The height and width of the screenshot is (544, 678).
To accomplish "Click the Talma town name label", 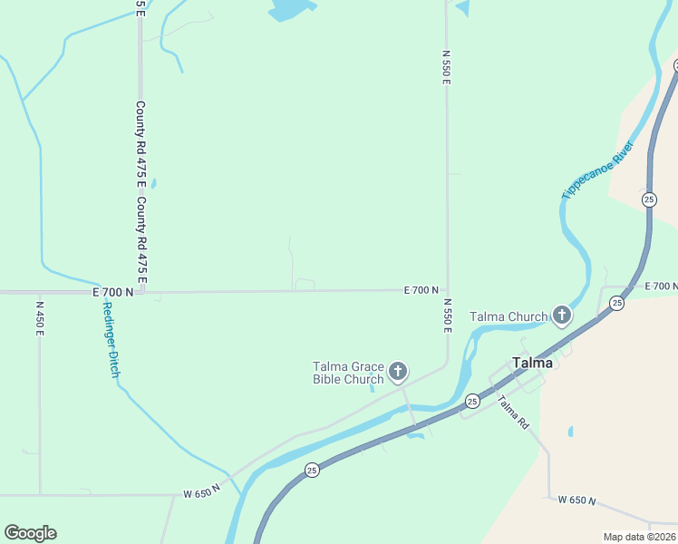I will (533, 363).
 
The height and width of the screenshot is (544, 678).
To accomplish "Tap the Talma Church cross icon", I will (562, 316).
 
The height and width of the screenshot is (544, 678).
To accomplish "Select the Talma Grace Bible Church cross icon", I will (397, 372).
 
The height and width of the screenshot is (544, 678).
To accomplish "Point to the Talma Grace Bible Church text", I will (348, 373).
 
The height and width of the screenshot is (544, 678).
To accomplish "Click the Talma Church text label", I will (508, 316).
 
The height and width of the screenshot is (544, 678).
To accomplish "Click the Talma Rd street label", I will (512, 414).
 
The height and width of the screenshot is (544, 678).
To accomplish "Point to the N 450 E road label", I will (40, 319).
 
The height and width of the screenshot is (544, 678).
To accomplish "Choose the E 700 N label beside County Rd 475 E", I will (112, 292).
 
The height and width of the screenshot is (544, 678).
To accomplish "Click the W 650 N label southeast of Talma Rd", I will (576, 500).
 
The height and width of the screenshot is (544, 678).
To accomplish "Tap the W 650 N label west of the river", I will (201, 494).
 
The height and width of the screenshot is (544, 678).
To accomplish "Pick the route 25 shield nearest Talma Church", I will (616, 303).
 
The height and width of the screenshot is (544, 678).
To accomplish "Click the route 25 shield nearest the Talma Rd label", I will (472, 400).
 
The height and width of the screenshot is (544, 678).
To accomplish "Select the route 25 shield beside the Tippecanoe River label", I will (649, 199).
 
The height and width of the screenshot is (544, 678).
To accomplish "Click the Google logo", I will (30, 533).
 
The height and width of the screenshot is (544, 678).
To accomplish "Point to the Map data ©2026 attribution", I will (639, 537).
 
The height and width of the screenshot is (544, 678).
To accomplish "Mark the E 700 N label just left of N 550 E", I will (421, 290).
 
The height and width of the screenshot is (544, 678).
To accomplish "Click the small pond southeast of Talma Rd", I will (570, 431).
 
